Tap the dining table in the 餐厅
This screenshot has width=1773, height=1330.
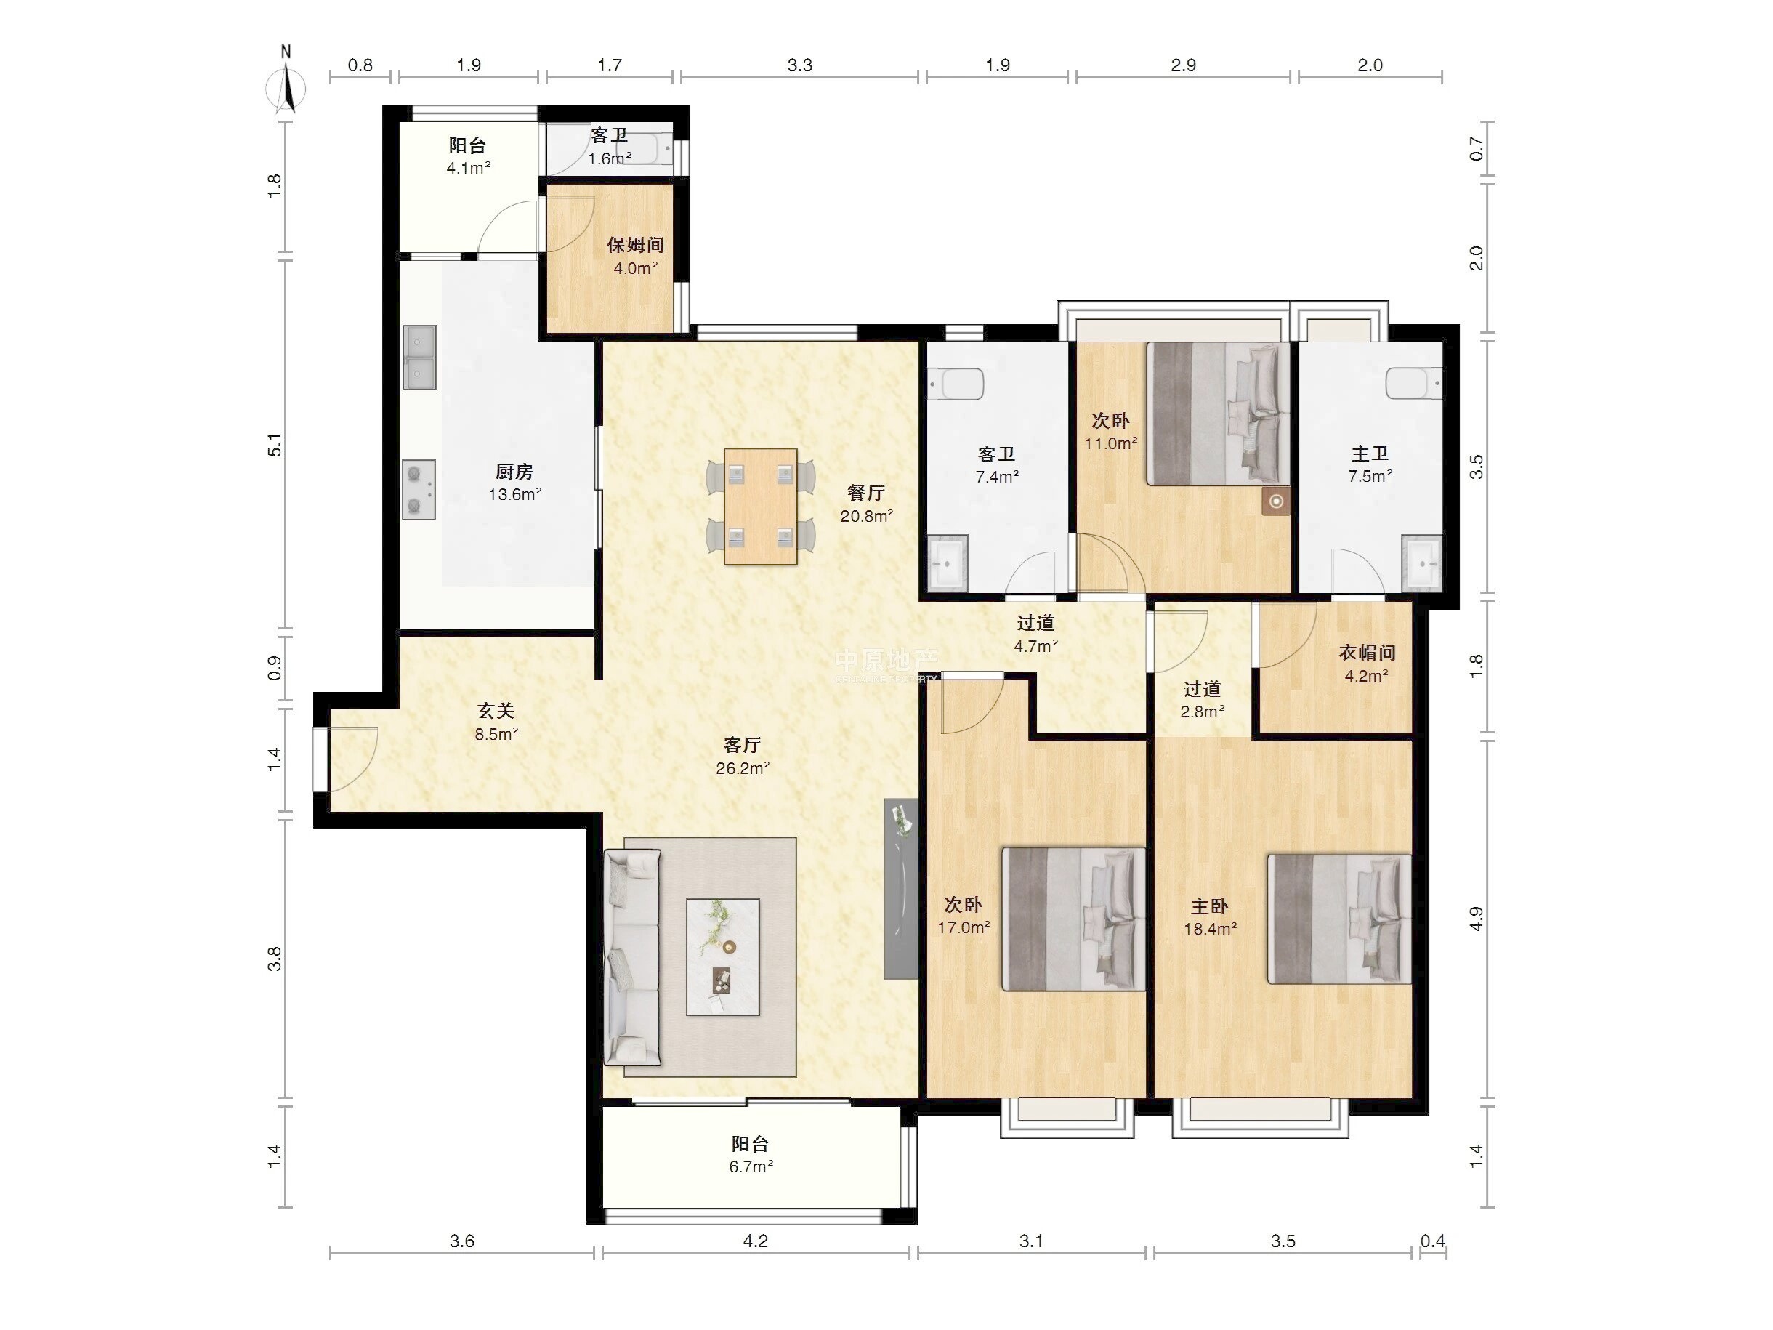(760, 506)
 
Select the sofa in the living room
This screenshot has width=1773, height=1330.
(632, 958)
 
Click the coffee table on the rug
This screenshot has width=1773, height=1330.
(722, 957)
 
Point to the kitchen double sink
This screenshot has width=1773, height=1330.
(419, 358)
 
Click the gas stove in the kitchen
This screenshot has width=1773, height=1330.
(419, 490)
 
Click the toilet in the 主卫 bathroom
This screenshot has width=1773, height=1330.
(1415, 384)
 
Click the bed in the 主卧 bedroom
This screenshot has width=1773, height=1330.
(1338, 919)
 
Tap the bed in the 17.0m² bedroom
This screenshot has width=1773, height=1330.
(1073, 919)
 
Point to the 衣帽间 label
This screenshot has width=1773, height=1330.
(1367, 653)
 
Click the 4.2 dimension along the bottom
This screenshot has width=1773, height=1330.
(755, 1241)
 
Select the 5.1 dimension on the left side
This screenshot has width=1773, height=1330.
(275, 445)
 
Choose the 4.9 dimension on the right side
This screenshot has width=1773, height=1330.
(1476, 919)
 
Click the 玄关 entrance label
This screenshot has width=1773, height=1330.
(496, 711)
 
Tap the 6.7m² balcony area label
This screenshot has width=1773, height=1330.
(751, 1166)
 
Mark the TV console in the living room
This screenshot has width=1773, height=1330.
(901, 888)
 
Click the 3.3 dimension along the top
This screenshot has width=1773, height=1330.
(800, 65)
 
